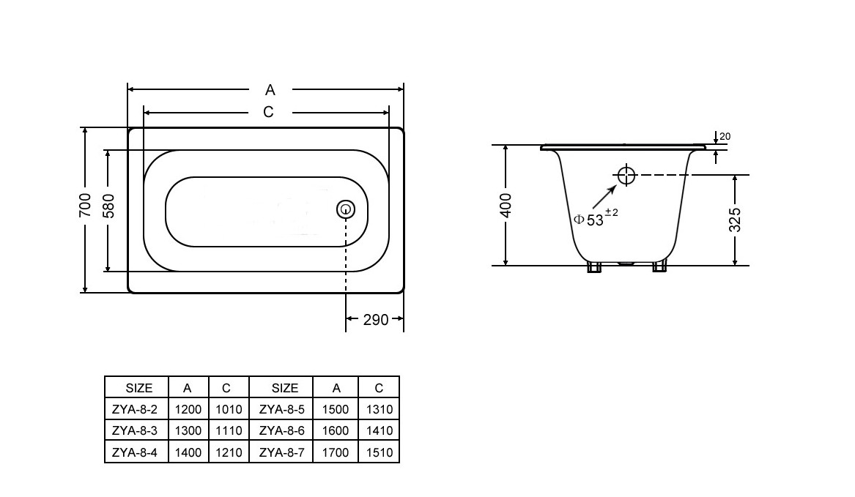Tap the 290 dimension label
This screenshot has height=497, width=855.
[x=376, y=320]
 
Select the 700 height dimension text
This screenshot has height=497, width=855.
[x=85, y=205]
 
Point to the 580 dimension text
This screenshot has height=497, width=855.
[x=108, y=206]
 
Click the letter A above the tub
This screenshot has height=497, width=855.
[x=270, y=90]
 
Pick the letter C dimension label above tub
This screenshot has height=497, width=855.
[x=268, y=112]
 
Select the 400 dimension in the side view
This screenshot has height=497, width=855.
[x=506, y=206]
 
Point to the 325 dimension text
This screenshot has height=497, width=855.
[x=735, y=220]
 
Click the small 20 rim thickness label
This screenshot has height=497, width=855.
[x=725, y=136]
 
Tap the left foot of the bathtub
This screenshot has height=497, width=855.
[x=593, y=267]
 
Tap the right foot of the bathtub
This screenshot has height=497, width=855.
[x=660, y=267]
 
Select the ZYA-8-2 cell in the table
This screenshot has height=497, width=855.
[x=134, y=409]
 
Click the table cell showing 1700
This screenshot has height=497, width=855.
[x=336, y=452]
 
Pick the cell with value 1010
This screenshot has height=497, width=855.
[x=229, y=409]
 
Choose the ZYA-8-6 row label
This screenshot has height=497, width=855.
[x=281, y=430]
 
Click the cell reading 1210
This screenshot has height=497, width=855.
[x=229, y=452]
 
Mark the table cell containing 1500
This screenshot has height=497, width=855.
[x=336, y=409]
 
